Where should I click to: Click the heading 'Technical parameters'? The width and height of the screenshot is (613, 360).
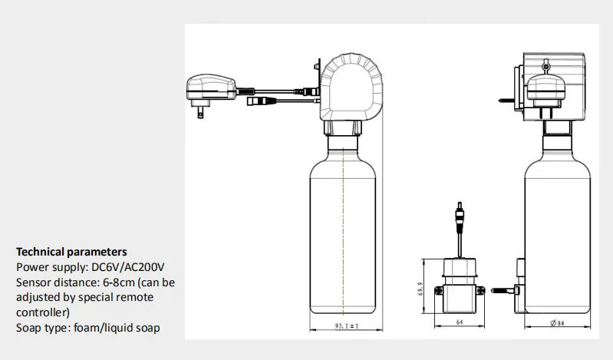[x=71, y=252]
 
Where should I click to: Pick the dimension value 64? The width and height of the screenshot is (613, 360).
[x=459, y=323]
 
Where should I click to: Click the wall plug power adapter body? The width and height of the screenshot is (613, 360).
[x=210, y=85]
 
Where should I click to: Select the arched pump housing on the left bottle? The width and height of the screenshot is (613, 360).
[x=349, y=88]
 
